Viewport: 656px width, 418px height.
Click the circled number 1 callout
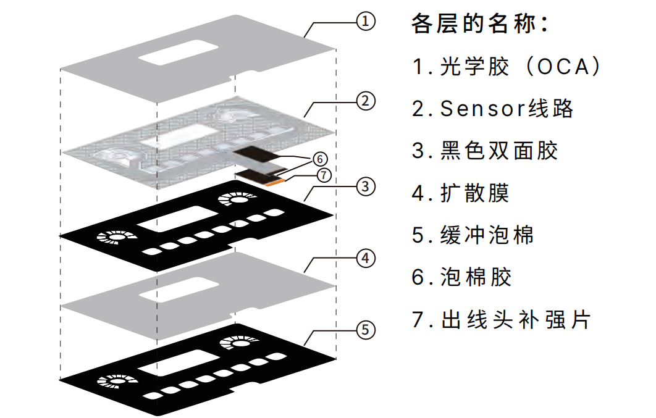click(x=366, y=22)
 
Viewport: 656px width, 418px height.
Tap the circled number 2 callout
click(x=366, y=101)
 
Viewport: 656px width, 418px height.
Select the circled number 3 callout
click(x=366, y=185)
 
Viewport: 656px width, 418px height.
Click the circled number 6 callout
click(x=318, y=157)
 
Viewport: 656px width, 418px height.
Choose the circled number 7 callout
click(x=324, y=174)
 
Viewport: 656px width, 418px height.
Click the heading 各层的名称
click(x=479, y=25)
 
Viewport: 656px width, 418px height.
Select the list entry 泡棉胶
click(x=476, y=277)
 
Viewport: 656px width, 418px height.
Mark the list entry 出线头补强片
click(x=516, y=320)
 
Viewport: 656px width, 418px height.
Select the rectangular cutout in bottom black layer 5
click(x=169, y=361)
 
